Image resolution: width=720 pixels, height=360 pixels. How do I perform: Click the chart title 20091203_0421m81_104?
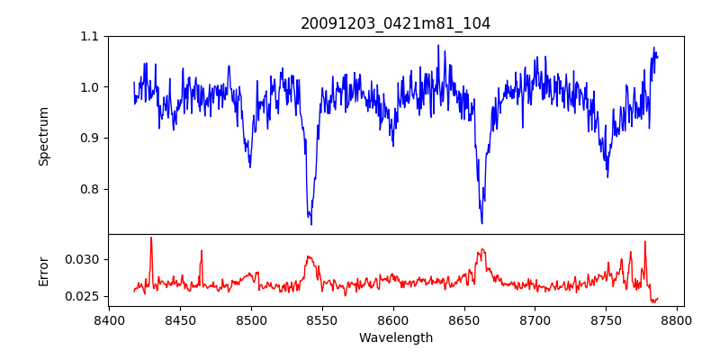(395, 23)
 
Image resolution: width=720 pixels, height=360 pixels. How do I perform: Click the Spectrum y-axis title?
(43, 136)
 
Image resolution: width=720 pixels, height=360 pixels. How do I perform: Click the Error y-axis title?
(43, 270)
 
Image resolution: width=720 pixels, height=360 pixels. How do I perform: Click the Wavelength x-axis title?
(395, 338)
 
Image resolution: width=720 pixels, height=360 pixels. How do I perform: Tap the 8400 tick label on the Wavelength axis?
(109, 320)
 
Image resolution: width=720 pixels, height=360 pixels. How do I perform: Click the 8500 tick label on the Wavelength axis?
(251, 320)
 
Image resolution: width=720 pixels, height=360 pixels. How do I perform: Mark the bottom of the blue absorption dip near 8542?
(310, 223)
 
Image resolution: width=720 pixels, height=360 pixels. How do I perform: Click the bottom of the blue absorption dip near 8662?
(481, 222)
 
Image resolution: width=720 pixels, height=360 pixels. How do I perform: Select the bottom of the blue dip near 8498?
(249, 166)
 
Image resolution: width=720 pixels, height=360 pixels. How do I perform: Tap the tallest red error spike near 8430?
(151, 238)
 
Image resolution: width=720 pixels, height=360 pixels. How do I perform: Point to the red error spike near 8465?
(202, 251)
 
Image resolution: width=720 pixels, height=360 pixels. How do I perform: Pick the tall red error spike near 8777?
(644, 242)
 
